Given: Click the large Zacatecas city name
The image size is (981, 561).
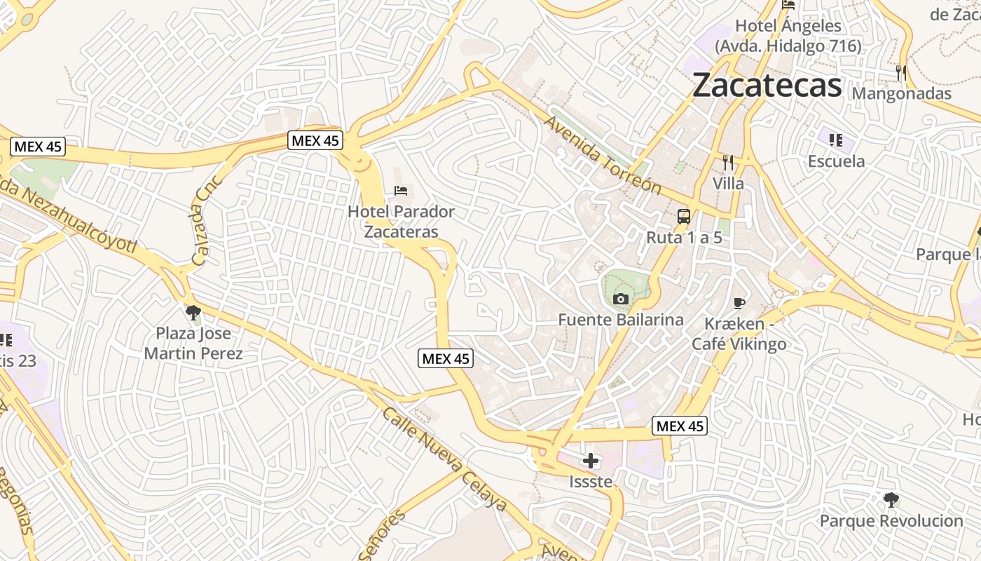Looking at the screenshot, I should pyautogui.click(x=767, y=86).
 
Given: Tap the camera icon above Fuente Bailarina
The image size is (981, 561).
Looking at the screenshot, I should pyautogui.click(x=620, y=299).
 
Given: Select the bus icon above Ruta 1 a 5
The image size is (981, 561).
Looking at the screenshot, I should pyautogui.click(x=684, y=217).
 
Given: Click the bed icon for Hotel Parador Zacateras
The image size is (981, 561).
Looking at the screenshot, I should pyautogui.click(x=401, y=190).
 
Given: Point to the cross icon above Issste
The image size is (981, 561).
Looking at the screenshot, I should pyautogui.click(x=591, y=461).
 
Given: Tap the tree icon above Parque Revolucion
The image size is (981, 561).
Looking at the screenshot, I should pyautogui.click(x=891, y=500).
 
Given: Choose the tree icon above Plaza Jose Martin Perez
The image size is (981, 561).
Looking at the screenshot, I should pyautogui.click(x=193, y=313).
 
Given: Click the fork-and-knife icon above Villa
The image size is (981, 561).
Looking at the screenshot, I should pyautogui.click(x=728, y=163).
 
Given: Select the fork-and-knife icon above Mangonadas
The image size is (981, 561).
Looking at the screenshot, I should pyautogui.click(x=901, y=72).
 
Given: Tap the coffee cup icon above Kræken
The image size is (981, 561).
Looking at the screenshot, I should pyautogui.click(x=739, y=303).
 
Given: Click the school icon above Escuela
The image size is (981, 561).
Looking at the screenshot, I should pyautogui.click(x=835, y=140).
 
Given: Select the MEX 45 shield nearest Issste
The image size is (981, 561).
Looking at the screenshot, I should pyautogui.click(x=679, y=426).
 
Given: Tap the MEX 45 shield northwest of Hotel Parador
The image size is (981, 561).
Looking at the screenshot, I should pyautogui.click(x=315, y=140).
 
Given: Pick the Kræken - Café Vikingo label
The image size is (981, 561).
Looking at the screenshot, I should pyautogui.click(x=739, y=334).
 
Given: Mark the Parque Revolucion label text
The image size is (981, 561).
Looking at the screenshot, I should pyautogui.click(x=891, y=521).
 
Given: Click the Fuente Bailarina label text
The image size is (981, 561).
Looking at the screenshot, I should pyautogui.click(x=620, y=320).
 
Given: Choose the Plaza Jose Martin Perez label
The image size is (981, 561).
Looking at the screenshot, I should pyautogui.click(x=193, y=343).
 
